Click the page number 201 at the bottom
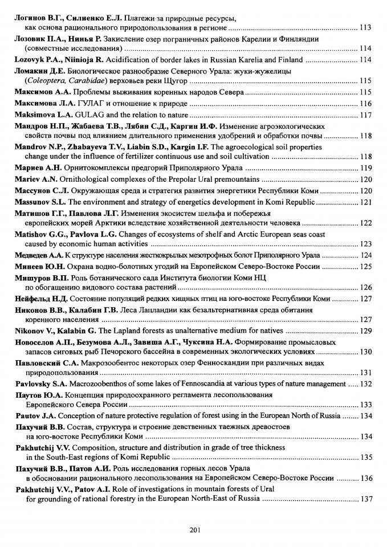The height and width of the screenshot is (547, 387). point(193,531)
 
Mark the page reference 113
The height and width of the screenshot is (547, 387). point(366,27)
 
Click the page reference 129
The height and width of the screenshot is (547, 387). point(366,330)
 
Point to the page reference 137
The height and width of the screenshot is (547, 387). point(366,499)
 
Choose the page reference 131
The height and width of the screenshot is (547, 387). point(366,373)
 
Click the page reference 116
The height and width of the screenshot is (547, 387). point(366,103)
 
